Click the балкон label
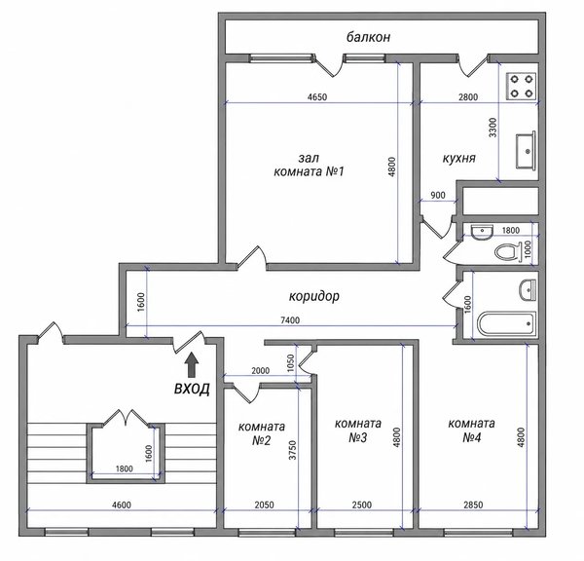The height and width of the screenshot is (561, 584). pyautogui.click(x=368, y=37)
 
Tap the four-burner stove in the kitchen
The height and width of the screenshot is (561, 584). pyautogui.click(x=521, y=86)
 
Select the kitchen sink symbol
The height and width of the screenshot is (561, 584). pyautogui.click(x=526, y=151)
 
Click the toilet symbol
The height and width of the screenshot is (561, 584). pyautogui.click(x=508, y=251)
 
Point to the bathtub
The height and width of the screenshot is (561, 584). pyautogui.click(x=506, y=323)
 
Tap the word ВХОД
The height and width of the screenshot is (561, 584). pyautogui.click(x=192, y=389)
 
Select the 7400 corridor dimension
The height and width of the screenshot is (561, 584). pyautogui.click(x=290, y=320)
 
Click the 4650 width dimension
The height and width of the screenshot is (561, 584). pyautogui.click(x=317, y=97)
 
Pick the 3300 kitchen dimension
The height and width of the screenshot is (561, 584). pyautogui.click(x=493, y=128)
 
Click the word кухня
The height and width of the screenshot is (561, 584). pyautogui.click(x=459, y=158)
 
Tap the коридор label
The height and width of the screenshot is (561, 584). pyautogui.click(x=314, y=296)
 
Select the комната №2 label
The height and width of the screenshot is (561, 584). pyautogui.click(x=262, y=433)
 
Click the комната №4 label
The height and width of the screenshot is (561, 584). pyautogui.click(x=471, y=430)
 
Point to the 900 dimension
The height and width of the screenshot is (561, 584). pyautogui.click(x=438, y=196)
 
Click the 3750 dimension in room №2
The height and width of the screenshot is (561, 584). pyautogui.click(x=293, y=450)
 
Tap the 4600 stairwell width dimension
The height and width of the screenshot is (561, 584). pyautogui.click(x=122, y=505)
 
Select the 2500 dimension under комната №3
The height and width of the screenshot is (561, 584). pyautogui.click(x=362, y=505)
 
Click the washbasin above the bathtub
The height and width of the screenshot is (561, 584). pyautogui.click(x=528, y=290)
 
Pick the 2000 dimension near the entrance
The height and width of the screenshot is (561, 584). pyautogui.click(x=261, y=371)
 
